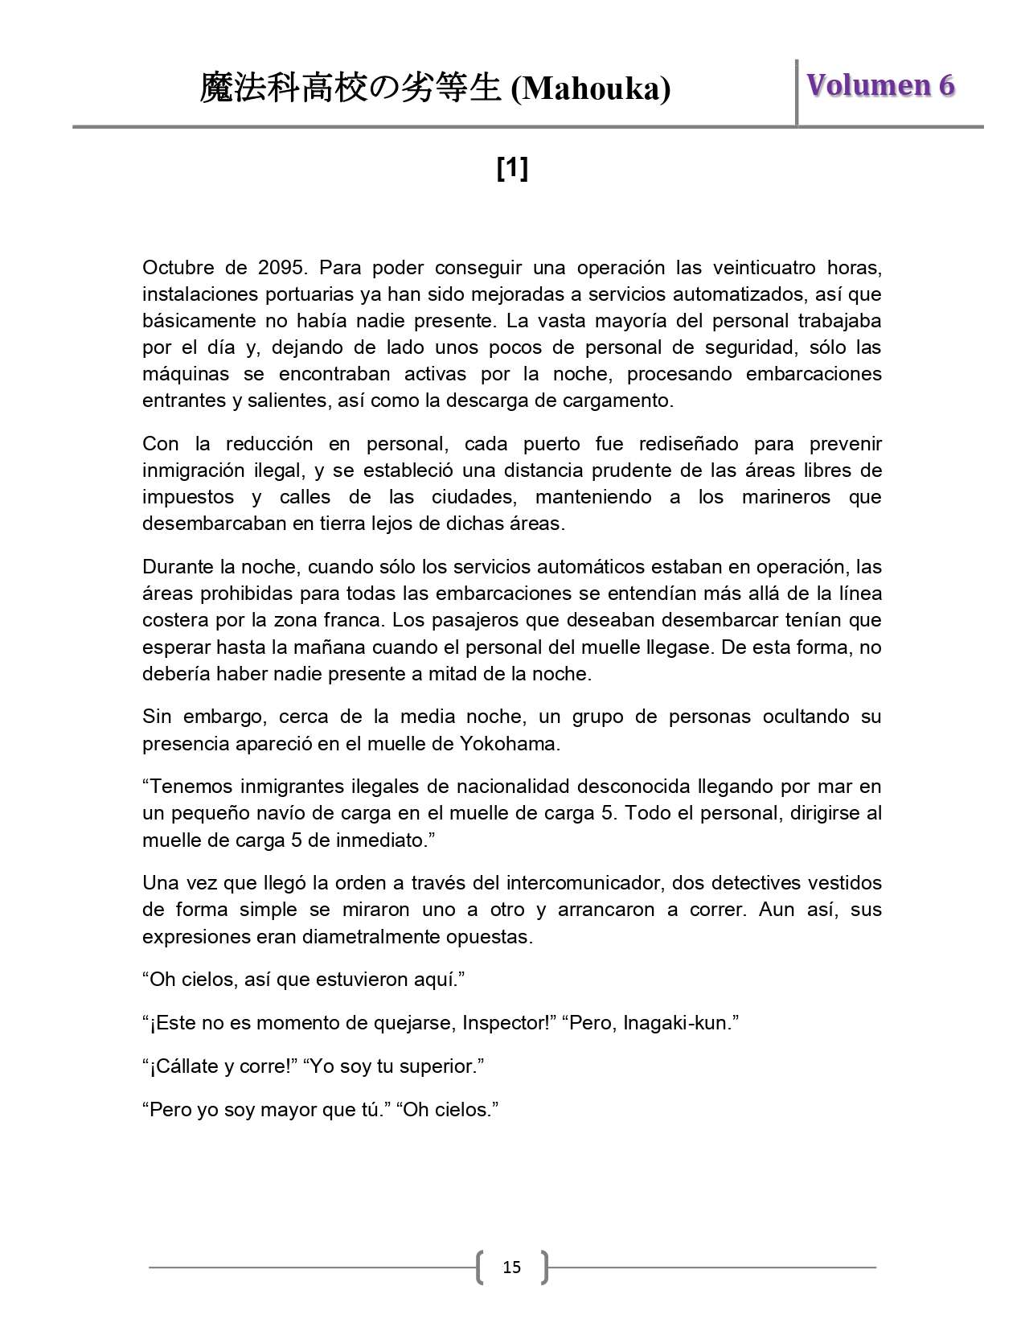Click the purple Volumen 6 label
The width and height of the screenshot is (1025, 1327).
880,85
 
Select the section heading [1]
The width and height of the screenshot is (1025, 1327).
512,169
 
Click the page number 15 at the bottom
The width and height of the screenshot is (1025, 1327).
511,1267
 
